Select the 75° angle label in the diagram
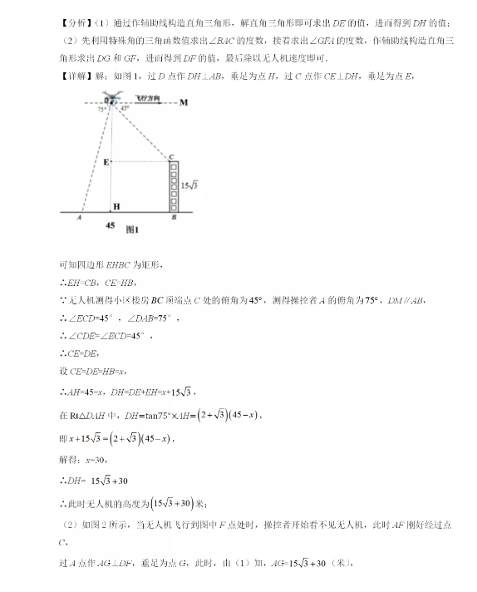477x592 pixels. (x=101, y=109)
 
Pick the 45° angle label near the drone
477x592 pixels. (x=124, y=109)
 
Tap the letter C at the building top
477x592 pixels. (x=170, y=156)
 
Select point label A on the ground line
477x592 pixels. (x=77, y=220)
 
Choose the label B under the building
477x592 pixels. (x=173, y=220)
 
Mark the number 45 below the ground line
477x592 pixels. (x=111, y=224)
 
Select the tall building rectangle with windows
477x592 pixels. (x=173, y=186)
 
